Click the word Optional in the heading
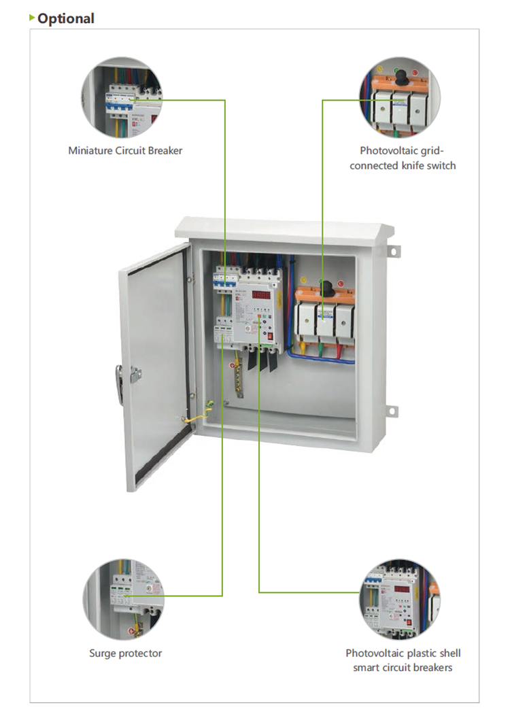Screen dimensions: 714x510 tap(66, 18)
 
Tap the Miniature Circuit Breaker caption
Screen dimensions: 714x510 tap(125, 150)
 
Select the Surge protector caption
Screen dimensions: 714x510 tap(126, 653)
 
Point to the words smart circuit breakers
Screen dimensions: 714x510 tap(403, 667)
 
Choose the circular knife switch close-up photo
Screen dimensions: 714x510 tap(400, 96)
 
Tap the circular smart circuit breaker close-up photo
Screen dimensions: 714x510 tap(399, 598)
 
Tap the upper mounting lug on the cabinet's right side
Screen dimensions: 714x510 tap(392, 252)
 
